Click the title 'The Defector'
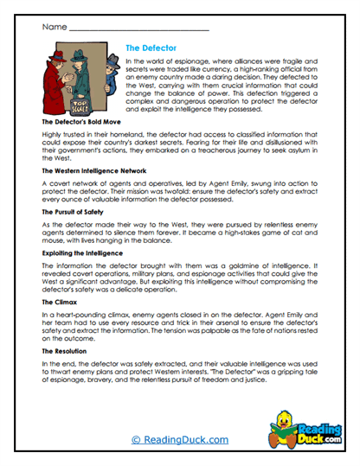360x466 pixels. click(x=151, y=49)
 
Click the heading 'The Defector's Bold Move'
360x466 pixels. click(x=82, y=124)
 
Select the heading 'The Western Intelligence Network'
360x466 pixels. click(x=93, y=172)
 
